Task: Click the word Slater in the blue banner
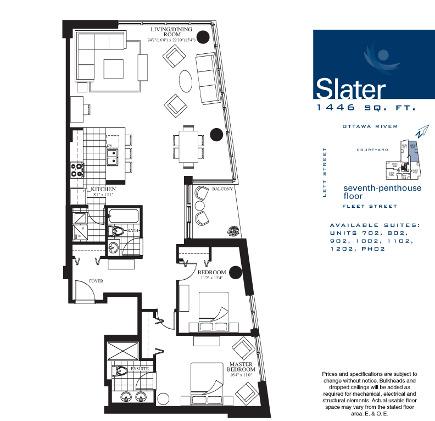click(x=350, y=88)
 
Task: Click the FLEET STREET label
click(x=370, y=206)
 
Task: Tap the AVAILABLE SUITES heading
click(x=374, y=225)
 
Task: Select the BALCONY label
click(x=222, y=190)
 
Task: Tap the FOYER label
click(x=96, y=281)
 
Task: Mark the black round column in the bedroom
click(x=235, y=272)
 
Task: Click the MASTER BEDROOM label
click(x=241, y=367)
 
